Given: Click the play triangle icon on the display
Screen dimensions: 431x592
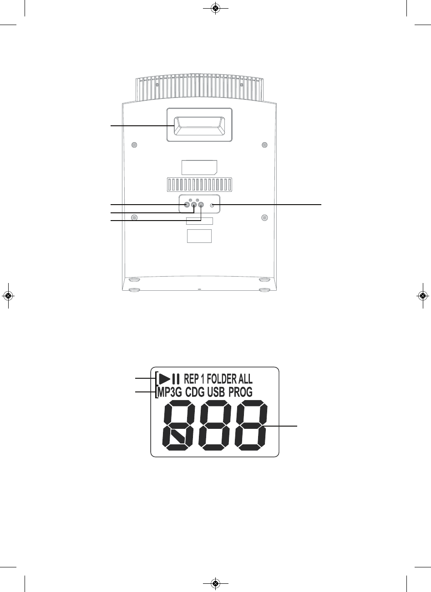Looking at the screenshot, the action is pyautogui.click(x=164, y=379).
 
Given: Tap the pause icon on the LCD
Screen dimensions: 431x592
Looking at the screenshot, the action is pyautogui.click(x=176, y=379).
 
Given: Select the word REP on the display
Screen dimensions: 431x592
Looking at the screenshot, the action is pyautogui.click(x=191, y=379).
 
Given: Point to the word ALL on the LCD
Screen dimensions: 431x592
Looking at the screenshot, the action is pyautogui.click(x=245, y=379).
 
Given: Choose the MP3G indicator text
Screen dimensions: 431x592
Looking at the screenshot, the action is pyautogui.click(x=170, y=392).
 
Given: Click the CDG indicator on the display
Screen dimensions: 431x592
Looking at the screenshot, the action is pyautogui.click(x=195, y=392).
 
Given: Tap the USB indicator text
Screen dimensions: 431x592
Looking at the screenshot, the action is pyautogui.click(x=216, y=392).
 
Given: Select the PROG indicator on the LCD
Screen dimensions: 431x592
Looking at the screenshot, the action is pyautogui.click(x=240, y=392).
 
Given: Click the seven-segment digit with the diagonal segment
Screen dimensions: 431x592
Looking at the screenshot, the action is pyautogui.click(x=177, y=425).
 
